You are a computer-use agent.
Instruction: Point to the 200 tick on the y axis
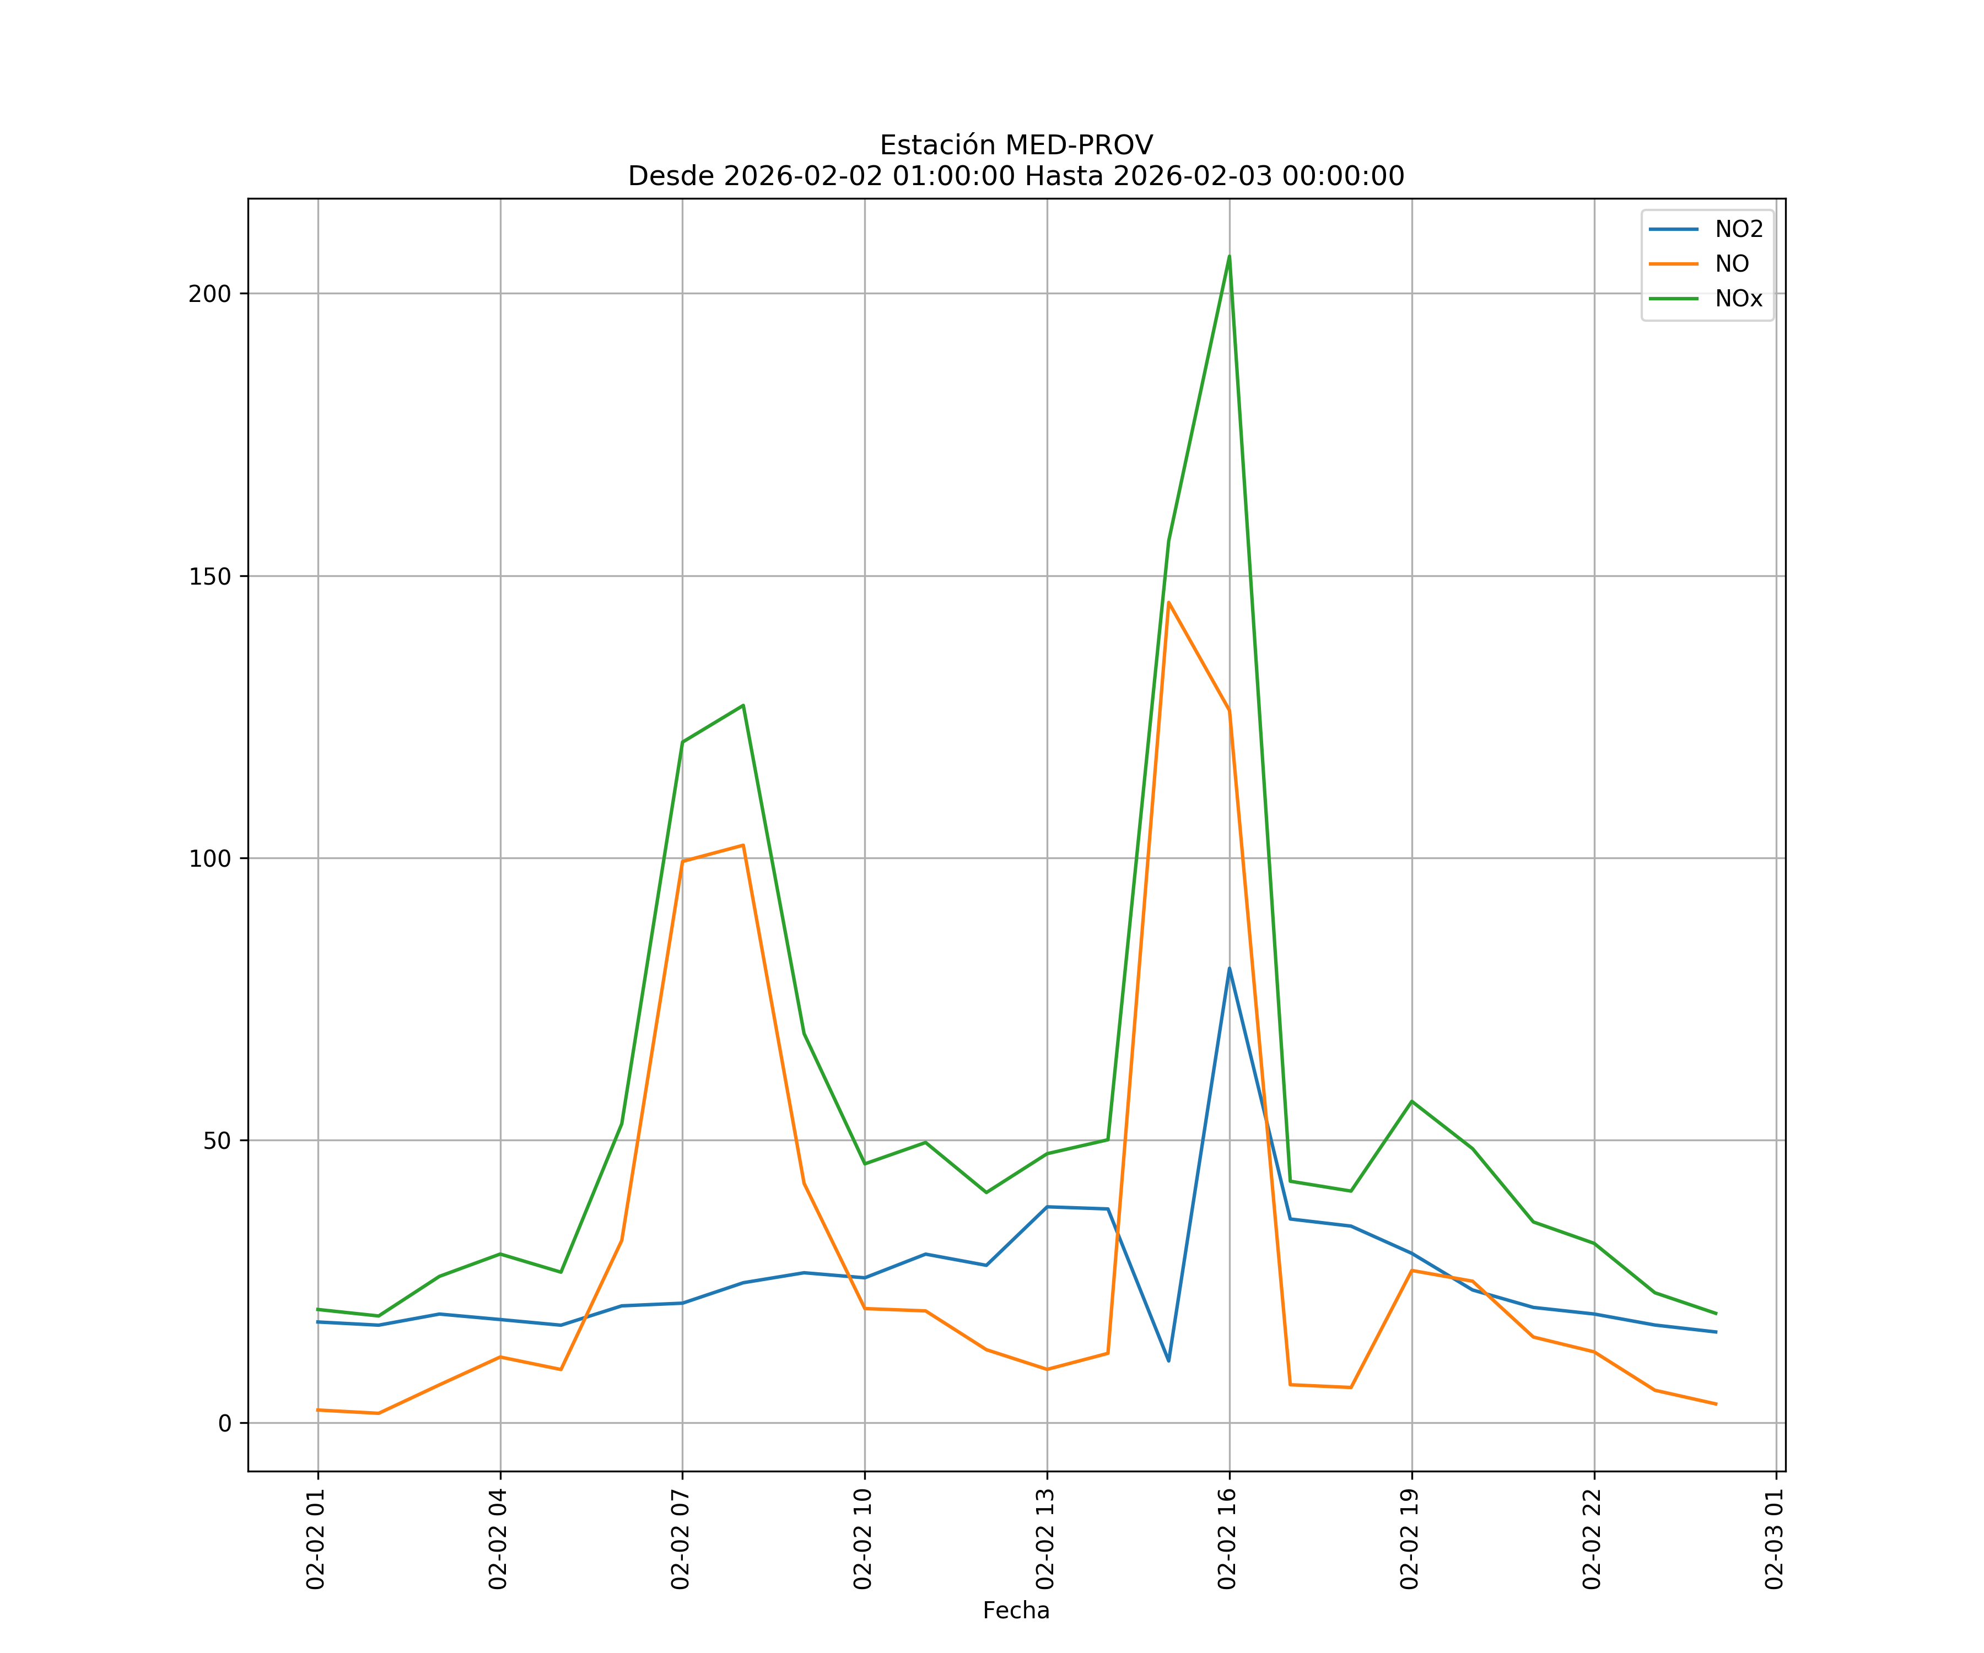[x=210, y=294]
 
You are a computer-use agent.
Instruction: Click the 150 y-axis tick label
[x=210, y=576]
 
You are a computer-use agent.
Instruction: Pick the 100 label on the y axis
[x=210, y=858]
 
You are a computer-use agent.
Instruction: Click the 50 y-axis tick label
[x=217, y=1140]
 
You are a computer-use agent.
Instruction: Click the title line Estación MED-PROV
[x=1016, y=145]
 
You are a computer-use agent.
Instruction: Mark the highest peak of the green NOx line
[x=1229, y=256]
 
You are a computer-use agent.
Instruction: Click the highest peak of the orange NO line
[x=1169, y=602]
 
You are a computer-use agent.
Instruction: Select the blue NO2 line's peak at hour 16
[x=1229, y=968]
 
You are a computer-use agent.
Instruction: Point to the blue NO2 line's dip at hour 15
[x=1169, y=1361]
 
